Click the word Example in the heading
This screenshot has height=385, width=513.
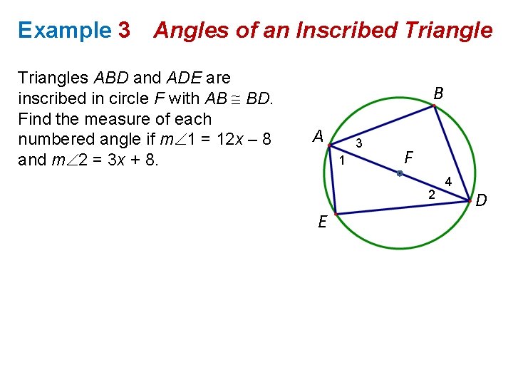[x=65, y=30]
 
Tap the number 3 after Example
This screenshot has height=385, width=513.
[x=125, y=30]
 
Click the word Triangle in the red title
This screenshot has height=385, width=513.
[x=448, y=30]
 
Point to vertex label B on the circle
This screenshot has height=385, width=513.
[x=439, y=93]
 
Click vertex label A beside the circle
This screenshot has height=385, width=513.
[x=318, y=135]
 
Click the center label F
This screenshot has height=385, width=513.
[x=408, y=156]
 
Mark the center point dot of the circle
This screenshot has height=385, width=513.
[x=400, y=173]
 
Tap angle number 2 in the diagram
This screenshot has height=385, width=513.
[x=431, y=194]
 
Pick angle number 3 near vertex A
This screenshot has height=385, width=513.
[x=359, y=143]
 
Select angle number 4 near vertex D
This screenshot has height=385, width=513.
[x=448, y=182]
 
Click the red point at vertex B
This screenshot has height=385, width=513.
[x=434, y=106]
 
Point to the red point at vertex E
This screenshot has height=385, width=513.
[x=336, y=214]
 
